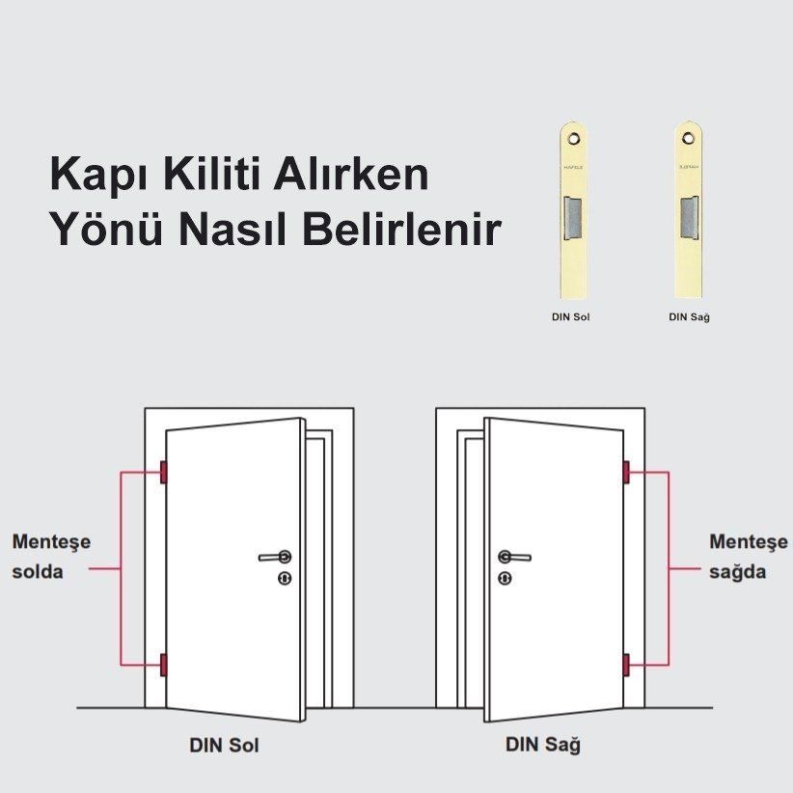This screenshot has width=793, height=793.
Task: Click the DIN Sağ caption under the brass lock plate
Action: coord(689,316)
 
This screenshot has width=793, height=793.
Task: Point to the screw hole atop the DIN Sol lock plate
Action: coord(574,138)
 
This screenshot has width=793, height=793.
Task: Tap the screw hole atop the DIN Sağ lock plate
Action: coord(689,138)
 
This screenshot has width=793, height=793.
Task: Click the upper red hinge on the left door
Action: coord(163,473)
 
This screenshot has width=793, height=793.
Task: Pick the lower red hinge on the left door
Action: coord(163,665)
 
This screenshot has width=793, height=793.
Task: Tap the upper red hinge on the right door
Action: coord(626,473)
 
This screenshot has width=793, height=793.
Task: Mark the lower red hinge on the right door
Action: coord(626,665)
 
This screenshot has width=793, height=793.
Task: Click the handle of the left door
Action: coord(276,557)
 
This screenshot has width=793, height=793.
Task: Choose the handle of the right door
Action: coord(513,557)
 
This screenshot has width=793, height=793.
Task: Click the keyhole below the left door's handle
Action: coord(284,578)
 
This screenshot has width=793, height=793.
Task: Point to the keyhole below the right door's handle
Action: coord(505,578)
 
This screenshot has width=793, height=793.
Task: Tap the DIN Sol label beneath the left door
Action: coord(224,746)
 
